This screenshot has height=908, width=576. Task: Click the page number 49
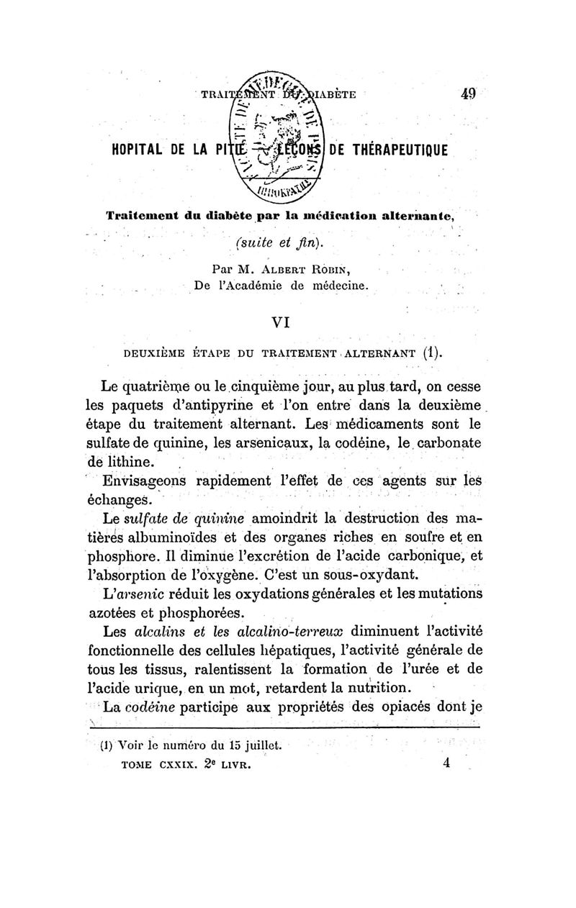point(469,94)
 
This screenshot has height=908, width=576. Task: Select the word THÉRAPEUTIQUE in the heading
point(401,150)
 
